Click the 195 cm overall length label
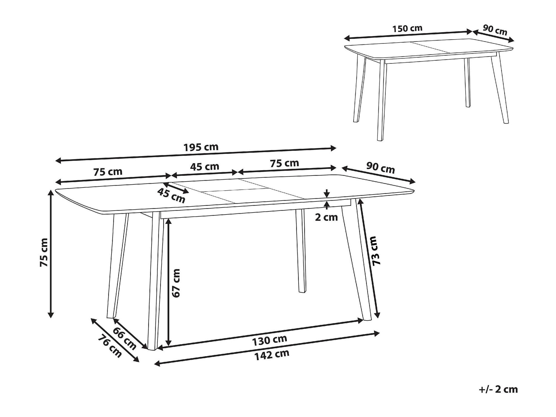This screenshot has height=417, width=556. (201, 147)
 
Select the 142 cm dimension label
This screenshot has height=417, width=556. (272, 355)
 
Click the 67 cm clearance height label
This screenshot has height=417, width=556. (176, 283)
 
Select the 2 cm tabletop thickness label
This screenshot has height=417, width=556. (326, 217)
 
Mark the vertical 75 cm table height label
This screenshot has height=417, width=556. (44, 253)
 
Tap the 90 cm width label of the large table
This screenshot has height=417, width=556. (381, 168)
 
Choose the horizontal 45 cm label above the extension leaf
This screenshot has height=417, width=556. (205, 167)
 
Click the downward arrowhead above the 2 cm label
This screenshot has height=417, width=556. (327, 195)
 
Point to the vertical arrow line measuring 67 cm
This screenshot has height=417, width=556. (168, 282)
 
